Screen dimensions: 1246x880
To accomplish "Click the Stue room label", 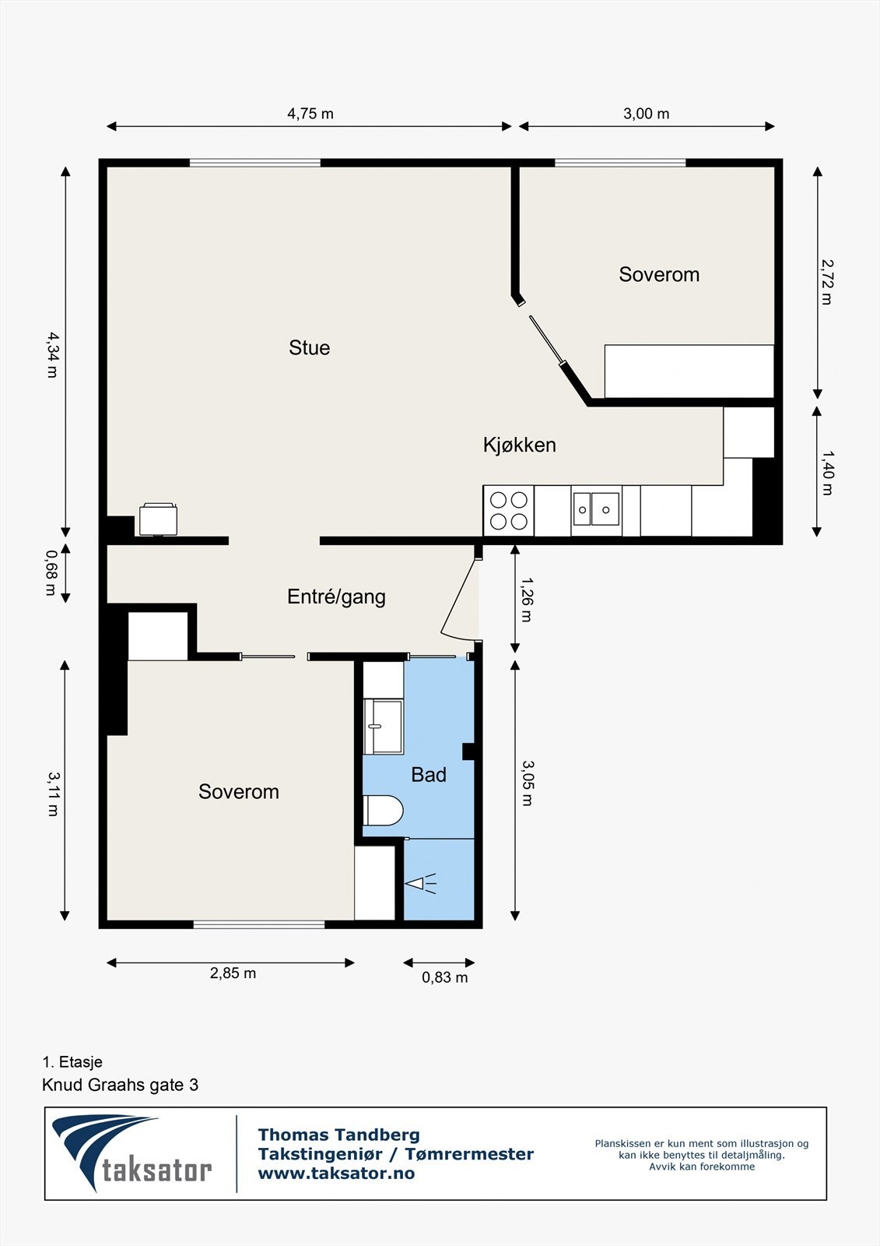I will click(x=309, y=347).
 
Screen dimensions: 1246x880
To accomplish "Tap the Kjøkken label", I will click(x=519, y=445).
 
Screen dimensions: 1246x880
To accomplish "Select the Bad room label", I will click(x=429, y=775).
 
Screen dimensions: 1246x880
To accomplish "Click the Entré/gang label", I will click(x=336, y=597).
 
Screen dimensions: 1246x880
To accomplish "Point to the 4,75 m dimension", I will click(x=310, y=114).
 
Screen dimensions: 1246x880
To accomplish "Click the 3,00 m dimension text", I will click(x=646, y=114).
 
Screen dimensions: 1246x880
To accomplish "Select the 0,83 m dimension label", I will click(x=444, y=977).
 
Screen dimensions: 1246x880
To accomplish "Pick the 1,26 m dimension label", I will click(x=526, y=599).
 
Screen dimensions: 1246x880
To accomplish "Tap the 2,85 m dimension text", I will click(x=233, y=973).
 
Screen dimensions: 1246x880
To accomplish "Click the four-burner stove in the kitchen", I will click(x=509, y=511).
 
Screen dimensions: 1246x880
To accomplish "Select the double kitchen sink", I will click(x=596, y=509).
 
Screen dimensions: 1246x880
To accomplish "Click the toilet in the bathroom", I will click(x=383, y=811).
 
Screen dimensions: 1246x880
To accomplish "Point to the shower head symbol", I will click(x=419, y=883).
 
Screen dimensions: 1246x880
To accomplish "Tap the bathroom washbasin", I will click(x=384, y=727).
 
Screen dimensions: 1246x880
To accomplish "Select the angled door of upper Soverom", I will click(x=547, y=340).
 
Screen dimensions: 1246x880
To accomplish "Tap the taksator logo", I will click(x=132, y=1153).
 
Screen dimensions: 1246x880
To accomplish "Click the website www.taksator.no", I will click(x=336, y=1174).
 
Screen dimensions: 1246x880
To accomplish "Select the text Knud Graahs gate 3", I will click(x=120, y=1085).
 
